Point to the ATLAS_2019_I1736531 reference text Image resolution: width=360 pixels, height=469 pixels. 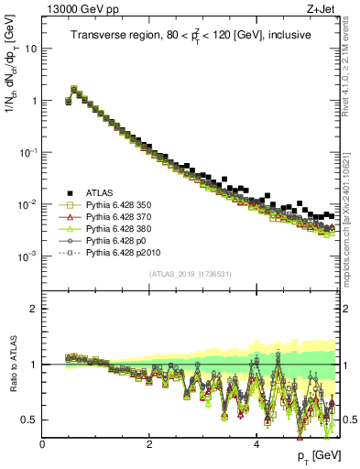(191, 275)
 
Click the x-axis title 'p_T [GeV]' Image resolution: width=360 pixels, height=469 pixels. (320, 455)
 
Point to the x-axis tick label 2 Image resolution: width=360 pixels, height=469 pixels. (149, 443)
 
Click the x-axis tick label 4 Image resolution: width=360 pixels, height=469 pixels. (256, 443)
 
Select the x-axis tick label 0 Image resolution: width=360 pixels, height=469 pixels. (43, 443)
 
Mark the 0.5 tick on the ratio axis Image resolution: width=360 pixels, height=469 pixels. (30, 420)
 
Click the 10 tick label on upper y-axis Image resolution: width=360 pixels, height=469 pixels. (30, 49)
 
